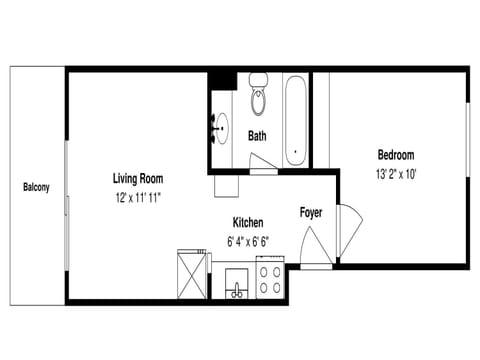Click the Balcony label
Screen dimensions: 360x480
click(36, 187)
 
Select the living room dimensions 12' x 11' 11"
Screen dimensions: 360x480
click(138, 198)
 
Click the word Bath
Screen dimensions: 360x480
click(258, 136)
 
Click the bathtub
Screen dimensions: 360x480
click(295, 120)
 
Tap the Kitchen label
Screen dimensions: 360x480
click(248, 222)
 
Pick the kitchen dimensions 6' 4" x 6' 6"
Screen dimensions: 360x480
click(248, 240)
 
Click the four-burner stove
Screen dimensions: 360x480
click(270, 278)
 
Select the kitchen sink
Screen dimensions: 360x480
click(237, 282)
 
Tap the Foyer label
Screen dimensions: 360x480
click(310, 213)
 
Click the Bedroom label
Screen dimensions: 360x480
click(395, 155)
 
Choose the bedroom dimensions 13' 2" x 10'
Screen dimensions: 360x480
click(395, 173)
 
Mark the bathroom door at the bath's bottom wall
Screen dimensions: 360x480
click(263, 171)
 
